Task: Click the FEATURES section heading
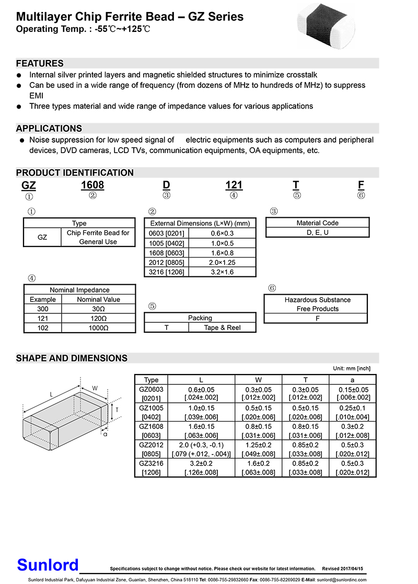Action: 40,63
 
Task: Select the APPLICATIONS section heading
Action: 49,129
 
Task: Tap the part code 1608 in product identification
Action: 92,185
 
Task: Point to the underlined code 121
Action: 234,185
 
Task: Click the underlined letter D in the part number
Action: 166,185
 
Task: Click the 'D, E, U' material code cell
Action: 317,232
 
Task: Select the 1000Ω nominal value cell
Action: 99,328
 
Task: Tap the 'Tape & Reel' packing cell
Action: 222,328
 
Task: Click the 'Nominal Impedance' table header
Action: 79,290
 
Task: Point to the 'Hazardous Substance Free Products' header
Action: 317,304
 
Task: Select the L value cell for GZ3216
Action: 201,468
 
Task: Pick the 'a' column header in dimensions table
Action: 353,380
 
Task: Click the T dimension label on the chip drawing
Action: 117,411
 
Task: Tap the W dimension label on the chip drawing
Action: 95,388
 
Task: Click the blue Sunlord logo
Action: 48,565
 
